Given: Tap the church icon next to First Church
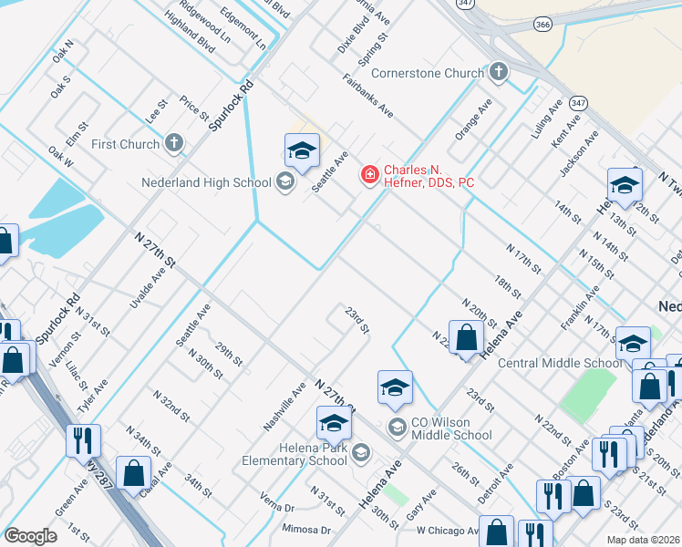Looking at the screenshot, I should [x=174, y=143].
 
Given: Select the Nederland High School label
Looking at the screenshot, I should [x=207, y=182].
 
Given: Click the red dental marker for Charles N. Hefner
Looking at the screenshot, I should [x=369, y=173].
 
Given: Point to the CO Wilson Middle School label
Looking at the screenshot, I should [x=452, y=428].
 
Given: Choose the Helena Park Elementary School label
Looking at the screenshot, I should [x=294, y=453].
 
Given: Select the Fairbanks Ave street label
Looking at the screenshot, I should [x=368, y=95].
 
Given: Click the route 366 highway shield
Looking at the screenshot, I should [x=544, y=25].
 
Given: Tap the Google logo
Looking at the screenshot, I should [x=31, y=536].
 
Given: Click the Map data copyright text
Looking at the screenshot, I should [x=644, y=540].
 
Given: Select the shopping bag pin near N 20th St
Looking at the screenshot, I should [x=466, y=337].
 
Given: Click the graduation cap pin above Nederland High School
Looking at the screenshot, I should [x=302, y=151].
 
